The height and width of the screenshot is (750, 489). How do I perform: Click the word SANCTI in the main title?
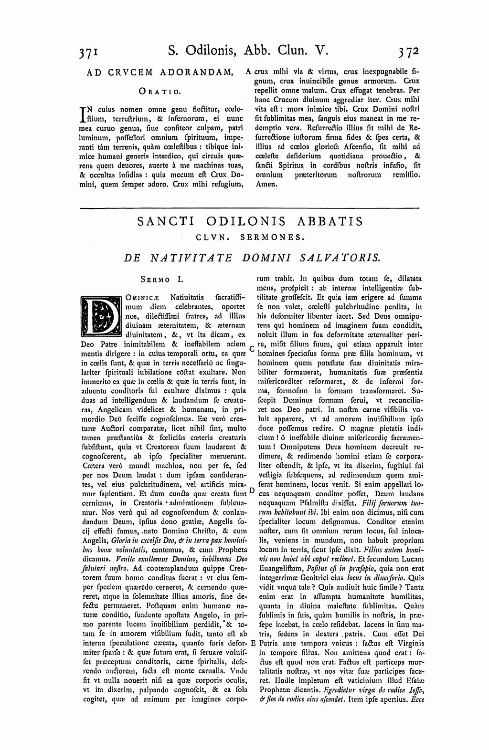click(x=165, y=222)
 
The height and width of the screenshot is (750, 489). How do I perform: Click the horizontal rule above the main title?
click(x=249, y=208)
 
